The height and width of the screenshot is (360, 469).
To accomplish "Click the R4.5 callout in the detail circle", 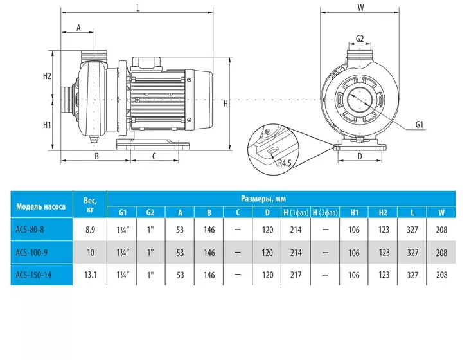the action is tap(285, 163).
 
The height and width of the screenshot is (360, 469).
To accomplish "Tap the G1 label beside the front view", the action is tap(420, 125).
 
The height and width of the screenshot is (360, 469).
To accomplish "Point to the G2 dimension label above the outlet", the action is tap(360, 39).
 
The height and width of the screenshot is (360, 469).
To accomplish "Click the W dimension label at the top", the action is tap(360, 7).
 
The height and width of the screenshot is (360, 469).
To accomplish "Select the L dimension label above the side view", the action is tap(138, 8).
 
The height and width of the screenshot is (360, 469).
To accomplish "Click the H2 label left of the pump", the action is tap(47, 76).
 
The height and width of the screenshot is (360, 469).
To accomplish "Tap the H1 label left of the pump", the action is tap(47, 125).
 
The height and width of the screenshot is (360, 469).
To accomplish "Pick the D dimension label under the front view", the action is tap(360, 156).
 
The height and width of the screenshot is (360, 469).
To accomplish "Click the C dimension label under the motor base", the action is tap(154, 156).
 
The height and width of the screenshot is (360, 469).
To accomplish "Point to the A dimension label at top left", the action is tap(78, 28).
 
